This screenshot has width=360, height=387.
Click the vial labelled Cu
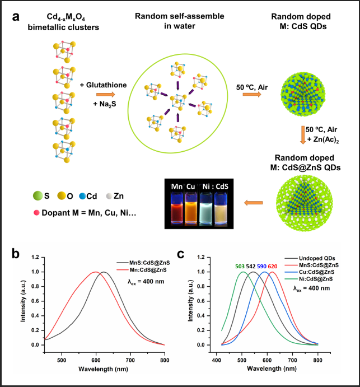[191, 206]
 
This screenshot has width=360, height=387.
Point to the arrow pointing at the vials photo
[254, 202]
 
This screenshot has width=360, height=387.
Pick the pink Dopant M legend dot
[37, 213]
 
